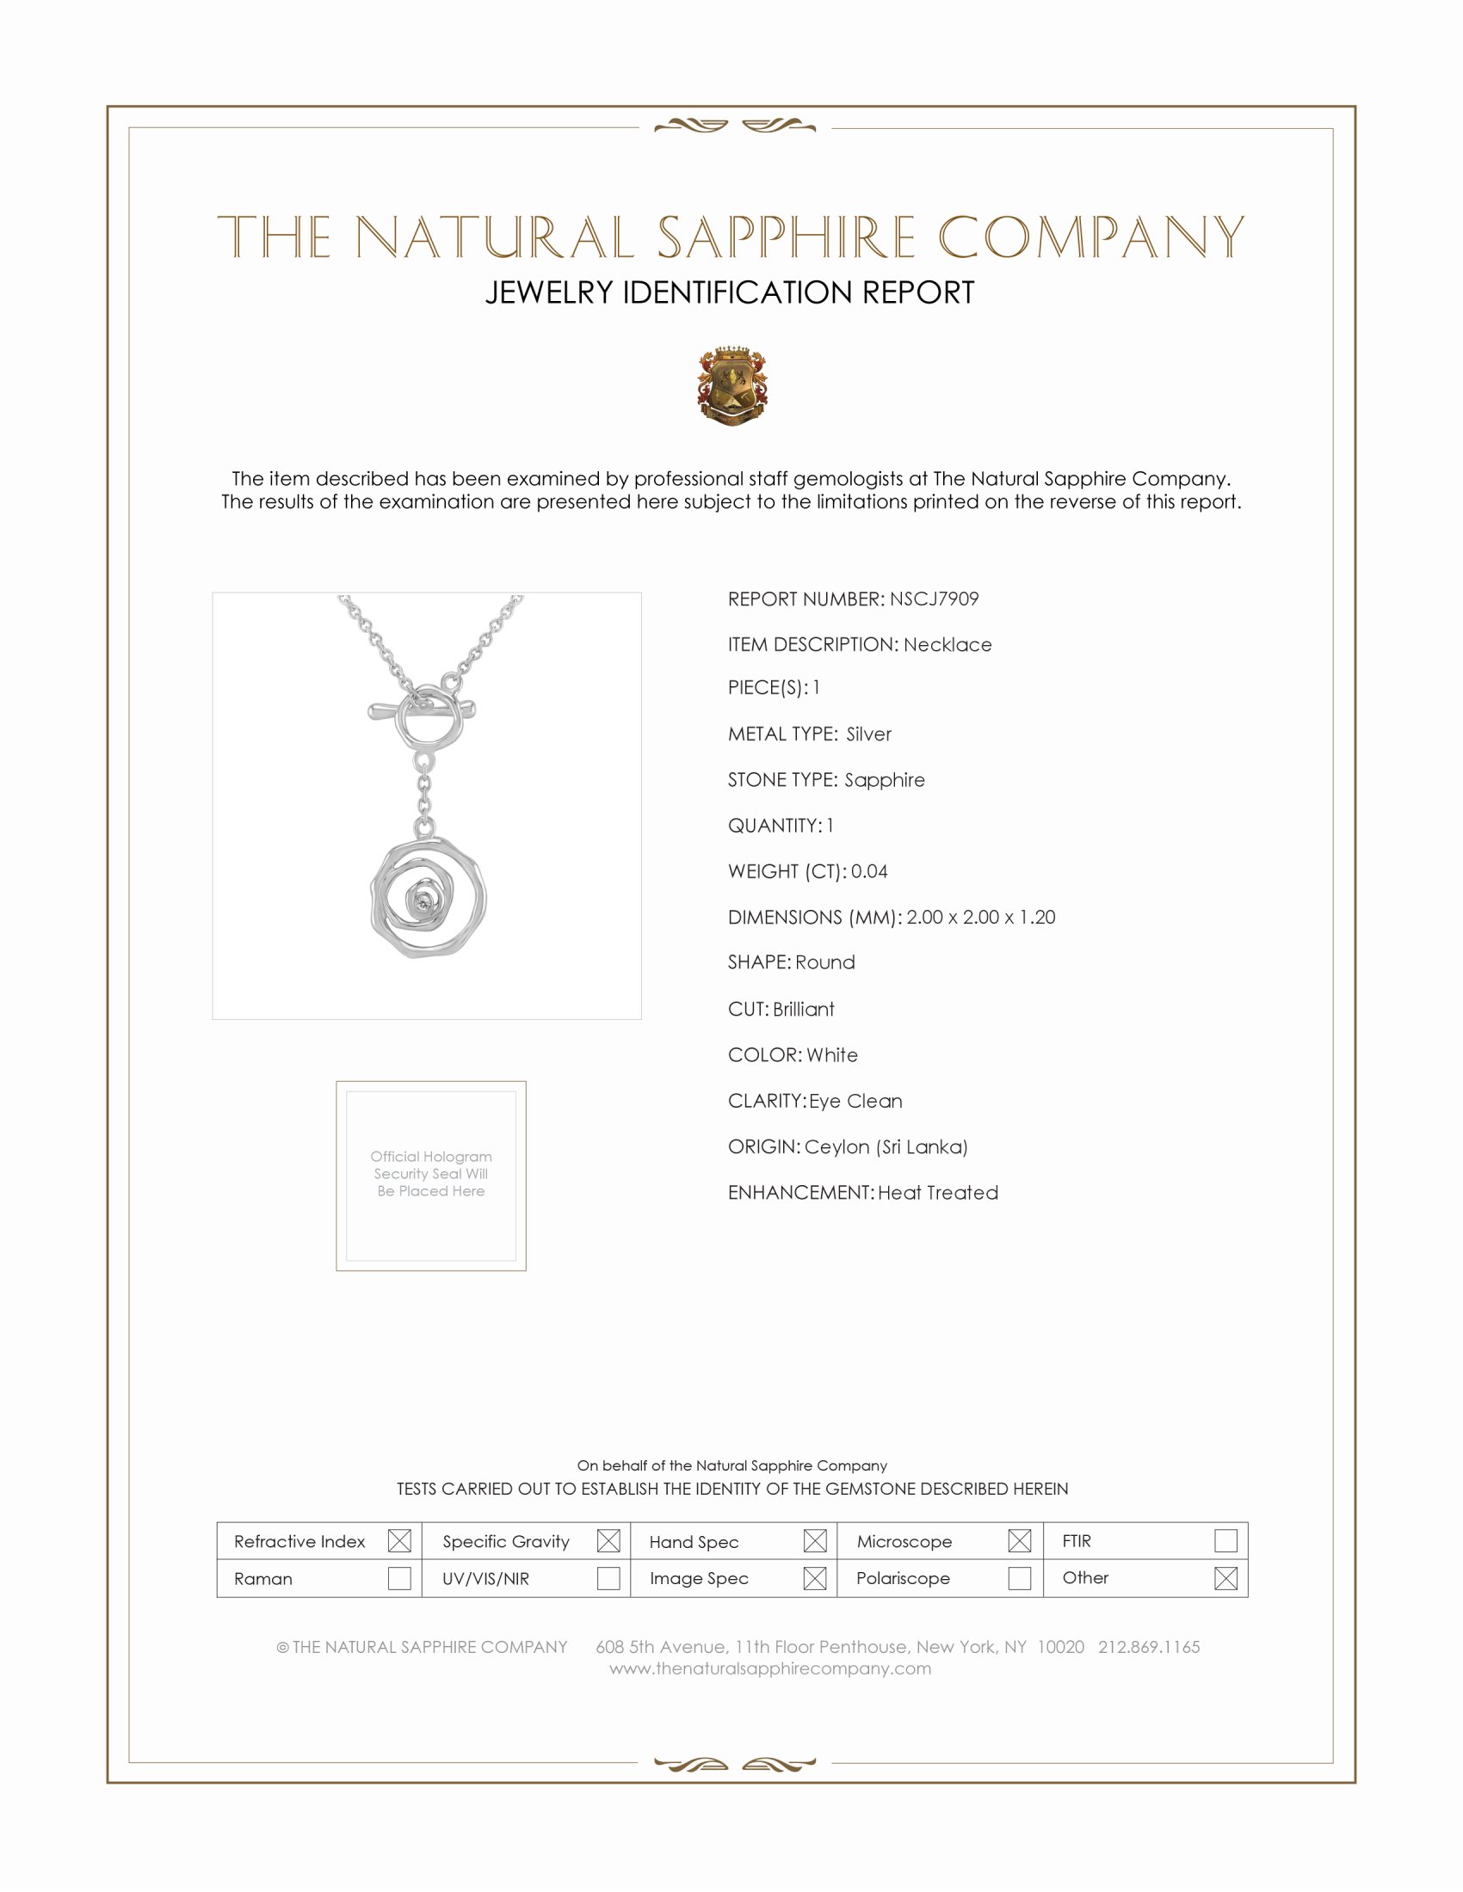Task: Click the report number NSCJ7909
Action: (934, 599)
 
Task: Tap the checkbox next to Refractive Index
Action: (399, 1540)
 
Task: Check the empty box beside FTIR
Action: (1225, 1540)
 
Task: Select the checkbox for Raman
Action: (399, 1577)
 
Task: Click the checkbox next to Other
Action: (1225, 1577)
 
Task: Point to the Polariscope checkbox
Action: (1019, 1577)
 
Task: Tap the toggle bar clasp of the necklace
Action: (421, 710)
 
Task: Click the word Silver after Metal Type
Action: (868, 734)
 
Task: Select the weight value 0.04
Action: (868, 870)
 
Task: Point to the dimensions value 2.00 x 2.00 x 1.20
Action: (980, 917)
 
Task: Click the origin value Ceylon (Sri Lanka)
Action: (885, 1146)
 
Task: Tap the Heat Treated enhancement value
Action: (938, 1192)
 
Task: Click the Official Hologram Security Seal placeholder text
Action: (431, 1173)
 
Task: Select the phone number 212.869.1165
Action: (1148, 1646)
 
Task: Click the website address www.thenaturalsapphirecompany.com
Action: (769, 1668)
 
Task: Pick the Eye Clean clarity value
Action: (855, 1100)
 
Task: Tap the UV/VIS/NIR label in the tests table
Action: (485, 1578)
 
